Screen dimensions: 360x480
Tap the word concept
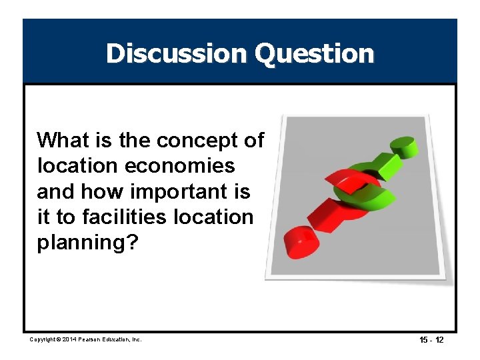198,141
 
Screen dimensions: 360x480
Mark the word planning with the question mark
87,243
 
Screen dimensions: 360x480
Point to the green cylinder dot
401,145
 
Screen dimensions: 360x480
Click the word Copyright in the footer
43,339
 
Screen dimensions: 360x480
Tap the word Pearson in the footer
93,339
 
